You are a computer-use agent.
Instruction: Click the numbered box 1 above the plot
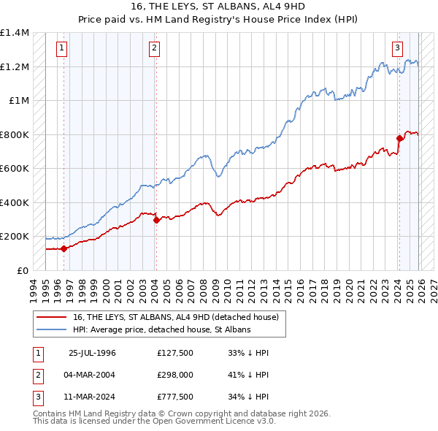coord(62,49)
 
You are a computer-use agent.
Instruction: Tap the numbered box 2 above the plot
coord(155,49)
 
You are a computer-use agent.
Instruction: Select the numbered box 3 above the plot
coord(398,49)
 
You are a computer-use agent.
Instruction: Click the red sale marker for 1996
coord(64,248)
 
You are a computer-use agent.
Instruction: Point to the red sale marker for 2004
coord(156,220)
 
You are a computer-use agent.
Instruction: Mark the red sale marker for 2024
coord(399,138)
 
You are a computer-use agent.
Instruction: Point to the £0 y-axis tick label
coord(22,270)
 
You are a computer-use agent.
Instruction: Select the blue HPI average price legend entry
coord(161,330)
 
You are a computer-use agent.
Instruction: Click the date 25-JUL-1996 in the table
coord(92,353)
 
